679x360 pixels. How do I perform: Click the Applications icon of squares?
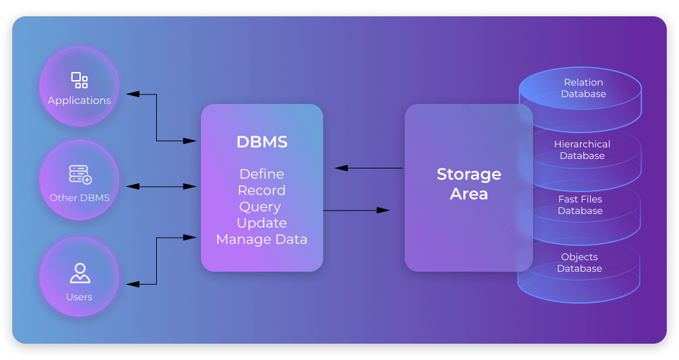(x=79, y=80)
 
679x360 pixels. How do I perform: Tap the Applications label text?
(x=79, y=101)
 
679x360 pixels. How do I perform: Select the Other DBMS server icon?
(x=79, y=175)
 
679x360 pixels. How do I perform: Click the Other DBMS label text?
(x=79, y=198)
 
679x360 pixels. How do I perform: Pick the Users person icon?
(x=79, y=273)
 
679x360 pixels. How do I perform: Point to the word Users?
(x=79, y=297)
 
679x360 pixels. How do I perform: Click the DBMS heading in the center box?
(x=261, y=142)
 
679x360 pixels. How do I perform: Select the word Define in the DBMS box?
(x=261, y=175)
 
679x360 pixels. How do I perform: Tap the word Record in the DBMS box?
(x=261, y=191)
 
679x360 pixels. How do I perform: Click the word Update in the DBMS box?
(x=261, y=223)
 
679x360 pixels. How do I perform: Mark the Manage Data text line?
(x=261, y=240)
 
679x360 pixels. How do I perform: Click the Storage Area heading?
(x=469, y=184)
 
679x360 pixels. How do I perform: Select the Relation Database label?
(x=583, y=88)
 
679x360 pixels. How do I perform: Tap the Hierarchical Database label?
(x=582, y=150)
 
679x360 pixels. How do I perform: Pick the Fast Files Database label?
(x=580, y=205)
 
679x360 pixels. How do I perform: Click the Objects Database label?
(x=579, y=263)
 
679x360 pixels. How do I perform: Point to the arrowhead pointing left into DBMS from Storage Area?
(x=340, y=168)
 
